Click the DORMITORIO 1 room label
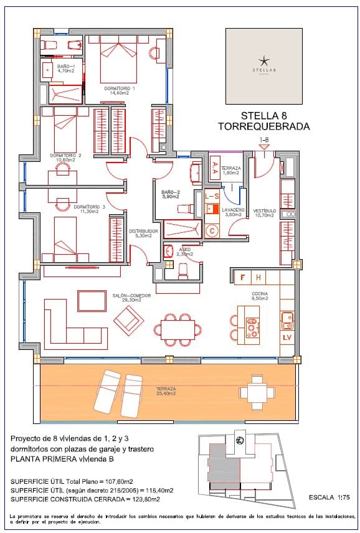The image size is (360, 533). point(122,90)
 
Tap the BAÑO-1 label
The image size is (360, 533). point(65,68)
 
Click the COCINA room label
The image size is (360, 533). point(259,296)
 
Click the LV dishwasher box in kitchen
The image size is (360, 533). point(287,337)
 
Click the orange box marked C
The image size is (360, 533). point(212,231)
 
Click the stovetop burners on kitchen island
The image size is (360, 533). point(252,328)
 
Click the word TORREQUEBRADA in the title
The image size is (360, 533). point(263,126)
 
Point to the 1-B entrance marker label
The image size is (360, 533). point(263,140)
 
